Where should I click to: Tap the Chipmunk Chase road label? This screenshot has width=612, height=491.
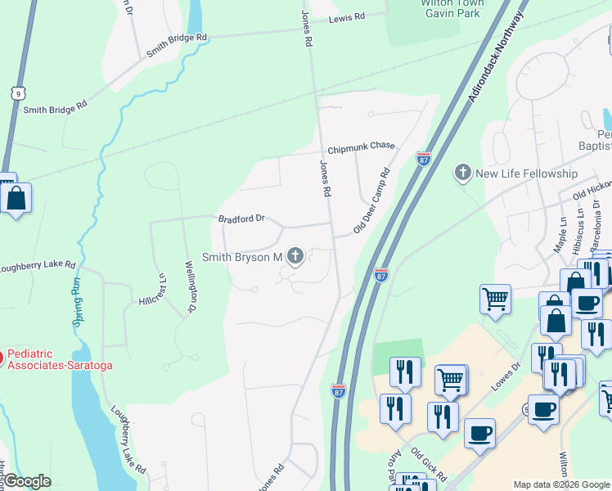click(x=361, y=147)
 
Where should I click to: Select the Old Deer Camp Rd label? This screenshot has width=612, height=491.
click(x=371, y=201)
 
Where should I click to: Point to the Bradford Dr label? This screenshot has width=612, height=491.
click(x=242, y=218)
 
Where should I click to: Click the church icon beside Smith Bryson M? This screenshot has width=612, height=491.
click(x=295, y=258)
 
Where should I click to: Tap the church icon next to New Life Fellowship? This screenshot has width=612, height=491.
click(x=463, y=173)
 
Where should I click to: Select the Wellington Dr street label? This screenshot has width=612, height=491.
click(x=191, y=286)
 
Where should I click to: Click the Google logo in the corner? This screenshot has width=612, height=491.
click(x=27, y=481)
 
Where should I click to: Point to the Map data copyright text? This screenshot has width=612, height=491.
click(x=561, y=484)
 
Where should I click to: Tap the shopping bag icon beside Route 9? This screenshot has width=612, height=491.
click(x=16, y=199)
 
